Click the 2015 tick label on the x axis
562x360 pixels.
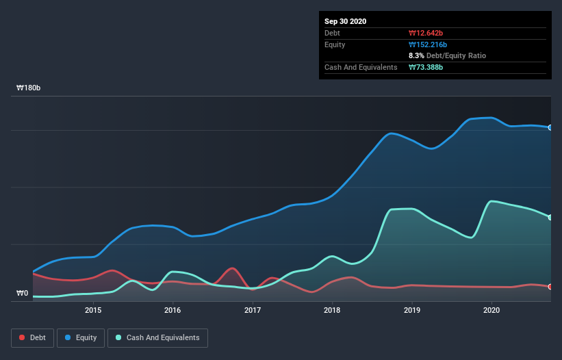point(93,310)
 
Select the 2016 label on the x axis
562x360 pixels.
point(173,310)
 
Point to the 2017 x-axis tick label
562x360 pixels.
point(253,310)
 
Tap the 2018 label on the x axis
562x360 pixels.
point(332,310)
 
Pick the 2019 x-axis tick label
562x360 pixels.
point(412,310)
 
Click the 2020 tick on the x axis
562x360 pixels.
point(491,310)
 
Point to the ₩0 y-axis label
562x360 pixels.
point(23,294)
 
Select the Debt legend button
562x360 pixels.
point(31,337)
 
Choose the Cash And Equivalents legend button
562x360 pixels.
point(157,337)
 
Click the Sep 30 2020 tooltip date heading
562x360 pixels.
point(346,21)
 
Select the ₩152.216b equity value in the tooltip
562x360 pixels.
point(428,44)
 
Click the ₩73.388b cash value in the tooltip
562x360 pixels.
point(427,67)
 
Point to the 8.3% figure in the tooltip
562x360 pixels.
point(416,55)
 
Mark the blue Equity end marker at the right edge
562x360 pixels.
point(550,127)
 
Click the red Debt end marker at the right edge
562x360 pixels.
point(550,287)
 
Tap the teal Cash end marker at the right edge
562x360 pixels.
point(550,218)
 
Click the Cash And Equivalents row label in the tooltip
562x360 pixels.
point(361,67)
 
